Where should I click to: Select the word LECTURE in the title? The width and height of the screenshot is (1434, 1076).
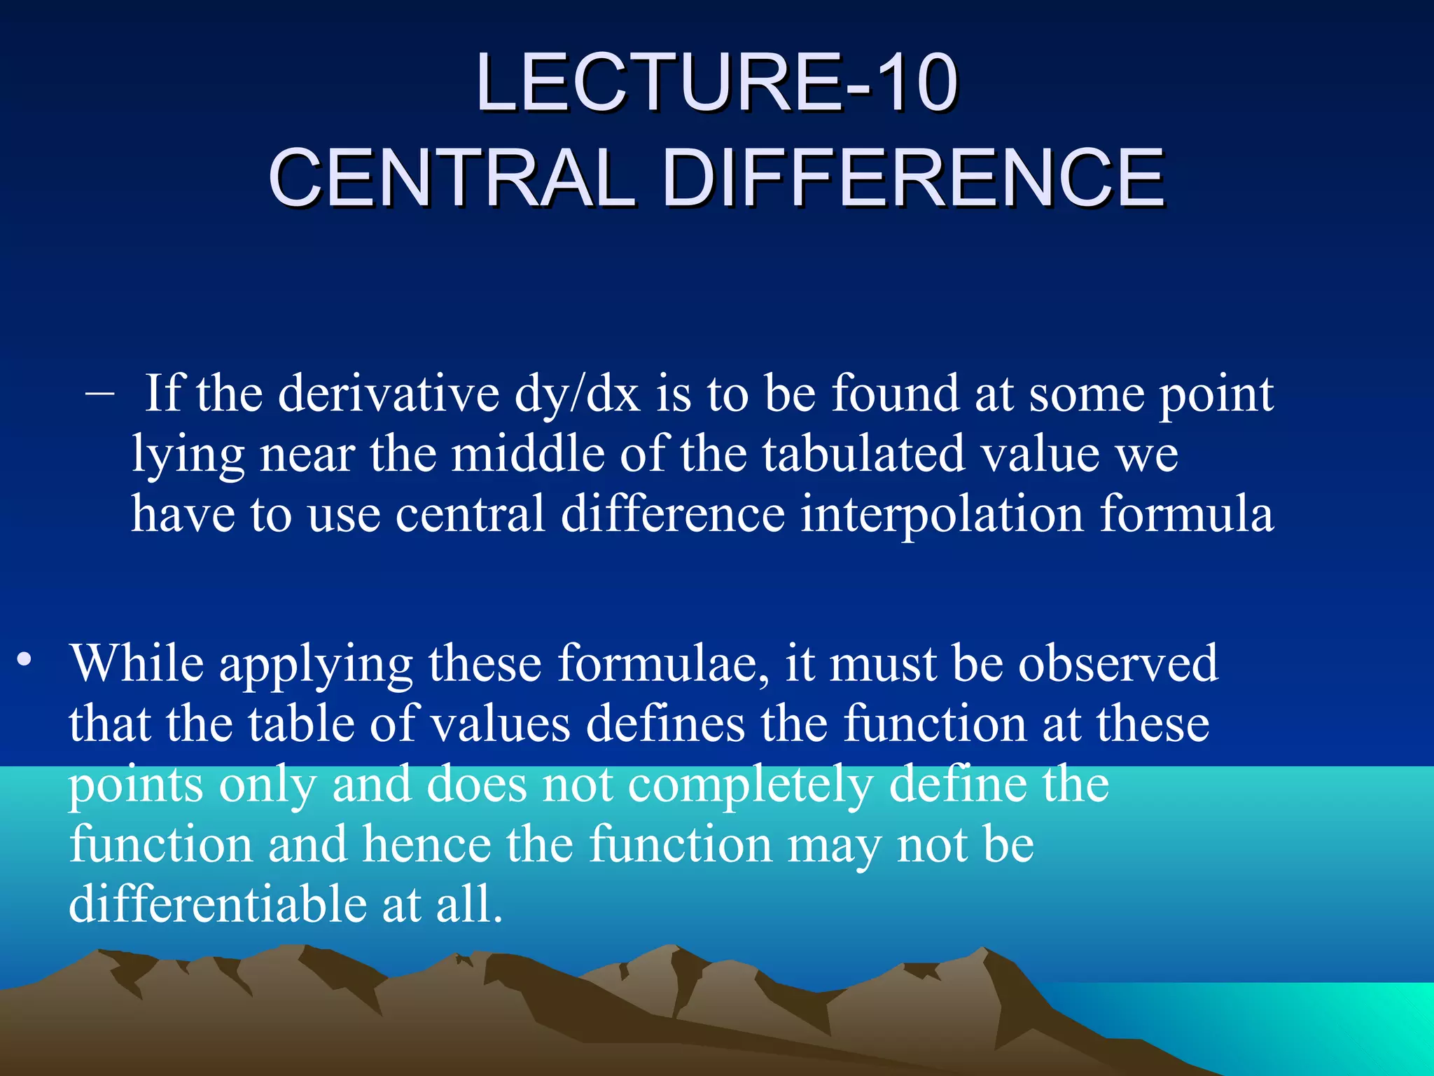[658, 84]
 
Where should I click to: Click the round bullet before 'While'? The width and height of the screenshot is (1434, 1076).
[25, 660]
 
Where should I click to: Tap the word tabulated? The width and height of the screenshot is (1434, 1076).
[863, 454]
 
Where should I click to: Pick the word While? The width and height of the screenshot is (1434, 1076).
[137, 663]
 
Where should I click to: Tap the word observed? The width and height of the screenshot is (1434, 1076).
[1118, 663]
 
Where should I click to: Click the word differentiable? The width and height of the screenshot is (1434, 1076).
[218, 904]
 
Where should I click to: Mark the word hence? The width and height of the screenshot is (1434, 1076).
[426, 845]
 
